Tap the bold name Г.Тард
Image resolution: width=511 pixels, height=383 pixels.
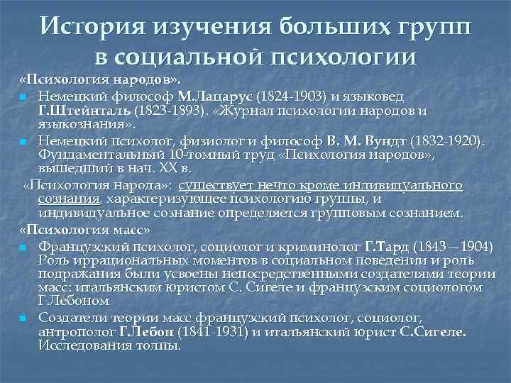383,246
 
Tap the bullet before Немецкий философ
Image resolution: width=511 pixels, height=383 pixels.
24,96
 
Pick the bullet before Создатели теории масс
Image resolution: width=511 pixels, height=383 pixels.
24,318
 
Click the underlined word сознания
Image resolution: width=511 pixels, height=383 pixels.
70,199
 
